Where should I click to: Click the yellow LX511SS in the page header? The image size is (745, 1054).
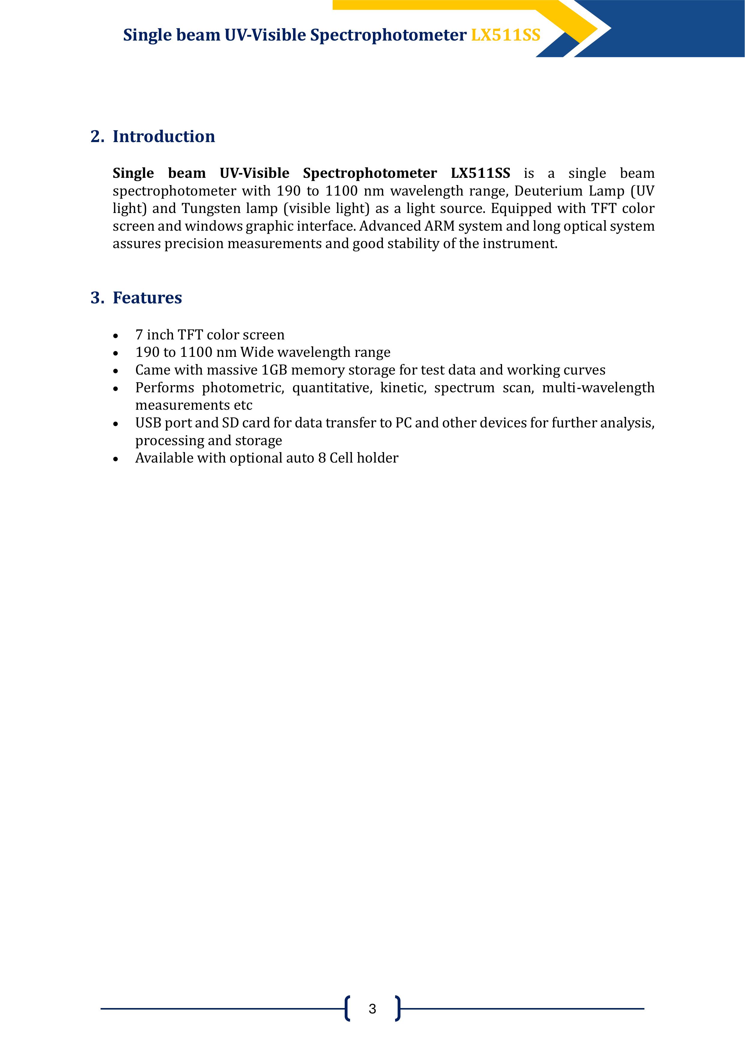505,35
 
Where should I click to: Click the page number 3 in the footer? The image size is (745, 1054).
372,1009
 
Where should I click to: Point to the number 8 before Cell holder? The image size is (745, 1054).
321,458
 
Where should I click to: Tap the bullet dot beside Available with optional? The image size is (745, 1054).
116,459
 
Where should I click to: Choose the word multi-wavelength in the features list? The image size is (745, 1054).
598,388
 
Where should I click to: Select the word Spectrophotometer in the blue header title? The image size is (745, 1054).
388,35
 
